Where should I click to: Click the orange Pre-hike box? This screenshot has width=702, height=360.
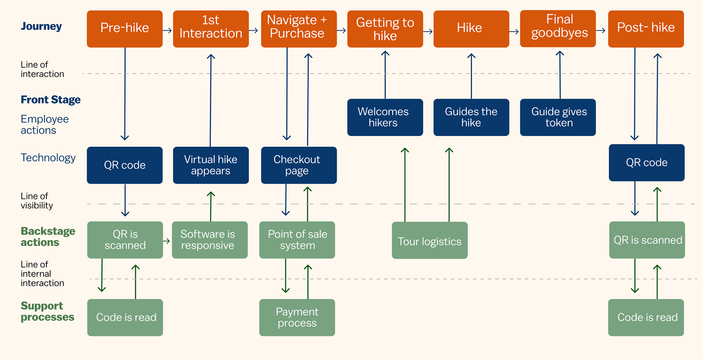(x=125, y=29)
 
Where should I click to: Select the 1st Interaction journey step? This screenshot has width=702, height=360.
(x=211, y=29)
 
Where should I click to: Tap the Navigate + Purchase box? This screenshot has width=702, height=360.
(x=299, y=29)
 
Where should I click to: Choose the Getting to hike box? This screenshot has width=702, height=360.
(x=385, y=29)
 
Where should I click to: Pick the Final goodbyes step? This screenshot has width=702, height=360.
(x=558, y=29)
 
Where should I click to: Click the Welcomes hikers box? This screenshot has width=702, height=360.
(x=385, y=117)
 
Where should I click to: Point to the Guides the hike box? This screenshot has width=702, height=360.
(x=471, y=117)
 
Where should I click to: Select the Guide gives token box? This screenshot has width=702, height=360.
(x=558, y=117)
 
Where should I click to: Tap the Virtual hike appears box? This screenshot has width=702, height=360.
(x=211, y=165)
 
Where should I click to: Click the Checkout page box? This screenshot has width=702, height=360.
(x=299, y=165)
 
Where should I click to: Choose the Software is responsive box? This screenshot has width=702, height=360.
(x=210, y=240)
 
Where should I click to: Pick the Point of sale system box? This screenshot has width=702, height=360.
(x=297, y=240)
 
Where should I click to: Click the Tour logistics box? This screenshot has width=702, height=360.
(x=430, y=240)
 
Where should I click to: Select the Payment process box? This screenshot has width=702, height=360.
(x=297, y=318)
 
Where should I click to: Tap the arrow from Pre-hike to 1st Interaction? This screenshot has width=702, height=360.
(x=167, y=30)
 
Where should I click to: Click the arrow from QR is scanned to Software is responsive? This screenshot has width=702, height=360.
(x=166, y=241)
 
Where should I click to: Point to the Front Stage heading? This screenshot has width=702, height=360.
(x=51, y=100)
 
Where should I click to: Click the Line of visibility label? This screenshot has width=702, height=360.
(x=37, y=201)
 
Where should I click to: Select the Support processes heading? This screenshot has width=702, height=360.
(x=48, y=311)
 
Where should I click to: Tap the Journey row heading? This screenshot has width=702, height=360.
(x=41, y=26)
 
